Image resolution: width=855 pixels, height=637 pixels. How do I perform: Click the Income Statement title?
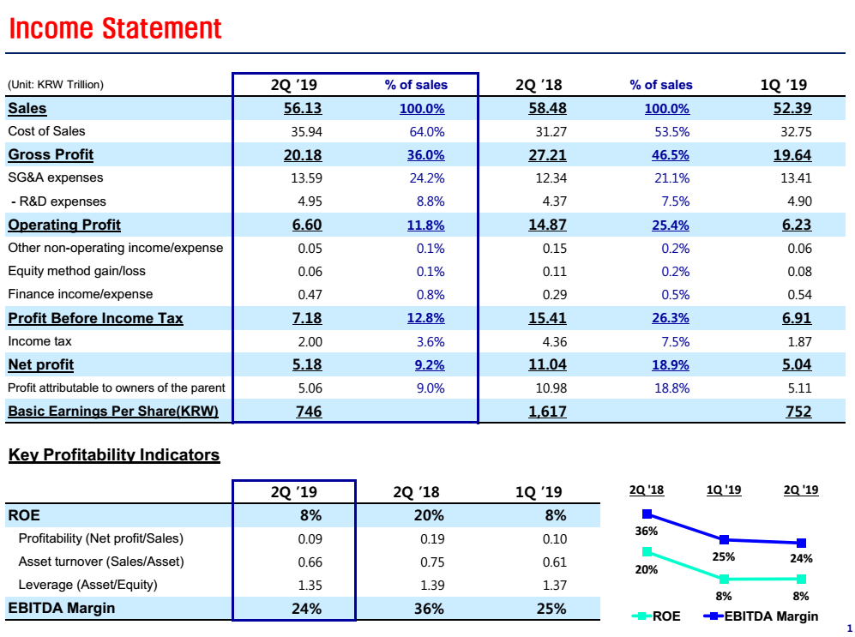tap(115, 28)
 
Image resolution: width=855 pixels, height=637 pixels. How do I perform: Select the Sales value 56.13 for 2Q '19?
tap(303, 108)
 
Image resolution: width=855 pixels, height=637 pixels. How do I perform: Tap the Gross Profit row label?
tap(51, 155)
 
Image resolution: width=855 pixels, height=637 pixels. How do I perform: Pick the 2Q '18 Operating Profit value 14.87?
tap(547, 225)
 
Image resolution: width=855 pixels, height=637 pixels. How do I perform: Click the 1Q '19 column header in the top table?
tap(783, 85)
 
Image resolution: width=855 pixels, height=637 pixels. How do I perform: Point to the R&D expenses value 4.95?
tap(307, 201)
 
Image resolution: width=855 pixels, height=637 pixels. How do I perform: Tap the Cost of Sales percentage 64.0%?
tap(427, 132)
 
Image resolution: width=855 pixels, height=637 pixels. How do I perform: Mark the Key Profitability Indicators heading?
tap(114, 455)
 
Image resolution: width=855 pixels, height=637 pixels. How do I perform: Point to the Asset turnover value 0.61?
tap(555, 562)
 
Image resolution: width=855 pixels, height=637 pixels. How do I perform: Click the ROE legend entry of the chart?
tap(657, 616)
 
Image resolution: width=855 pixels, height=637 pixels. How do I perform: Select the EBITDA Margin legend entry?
tap(760, 616)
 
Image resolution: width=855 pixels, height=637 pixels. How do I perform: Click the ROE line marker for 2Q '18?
tap(647, 551)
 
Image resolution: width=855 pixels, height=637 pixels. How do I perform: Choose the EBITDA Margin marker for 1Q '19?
tap(725, 539)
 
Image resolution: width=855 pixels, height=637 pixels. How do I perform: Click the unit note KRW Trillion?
tap(55, 85)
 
